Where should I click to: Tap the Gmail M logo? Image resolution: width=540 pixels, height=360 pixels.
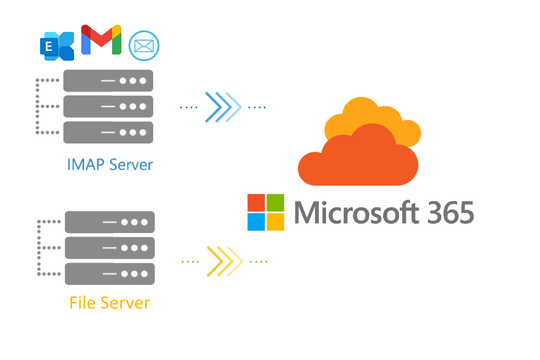(x=101, y=40)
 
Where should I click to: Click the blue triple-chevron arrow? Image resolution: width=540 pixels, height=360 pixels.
(x=223, y=107)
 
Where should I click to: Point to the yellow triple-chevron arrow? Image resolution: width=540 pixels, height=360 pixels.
(x=225, y=261)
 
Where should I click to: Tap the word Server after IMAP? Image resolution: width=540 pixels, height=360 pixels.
(x=132, y=165)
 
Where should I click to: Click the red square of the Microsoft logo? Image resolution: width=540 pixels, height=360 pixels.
(x=256, y=203)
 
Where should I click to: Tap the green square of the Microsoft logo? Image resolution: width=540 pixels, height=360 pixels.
(x=276, y=203)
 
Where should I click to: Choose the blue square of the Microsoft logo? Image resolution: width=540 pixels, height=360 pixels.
(x=256, y=222)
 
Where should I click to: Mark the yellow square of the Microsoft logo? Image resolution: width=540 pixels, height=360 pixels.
(x=276, y=222)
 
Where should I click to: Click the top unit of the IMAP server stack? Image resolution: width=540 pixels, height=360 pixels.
(x=108, y=81)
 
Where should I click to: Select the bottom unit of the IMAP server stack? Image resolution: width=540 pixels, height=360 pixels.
(x=108, y=132)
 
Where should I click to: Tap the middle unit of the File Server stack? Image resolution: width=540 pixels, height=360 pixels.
(x=110, y=247)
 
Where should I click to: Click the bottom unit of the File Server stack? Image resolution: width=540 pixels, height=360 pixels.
(x=110, y=273)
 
